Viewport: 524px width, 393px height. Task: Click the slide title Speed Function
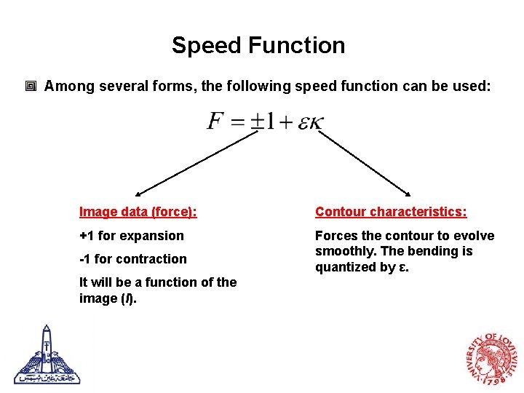[258, 45]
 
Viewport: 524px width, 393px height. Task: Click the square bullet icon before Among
[31, 87]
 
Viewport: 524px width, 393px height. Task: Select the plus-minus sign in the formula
[256, 122]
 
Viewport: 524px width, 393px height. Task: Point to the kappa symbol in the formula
[314, 122]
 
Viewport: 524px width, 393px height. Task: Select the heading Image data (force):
[138, 212]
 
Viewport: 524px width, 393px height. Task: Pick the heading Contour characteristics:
[391, 212]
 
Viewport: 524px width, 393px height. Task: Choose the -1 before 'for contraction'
[86, 259]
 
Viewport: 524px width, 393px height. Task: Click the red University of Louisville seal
[492, 358]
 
